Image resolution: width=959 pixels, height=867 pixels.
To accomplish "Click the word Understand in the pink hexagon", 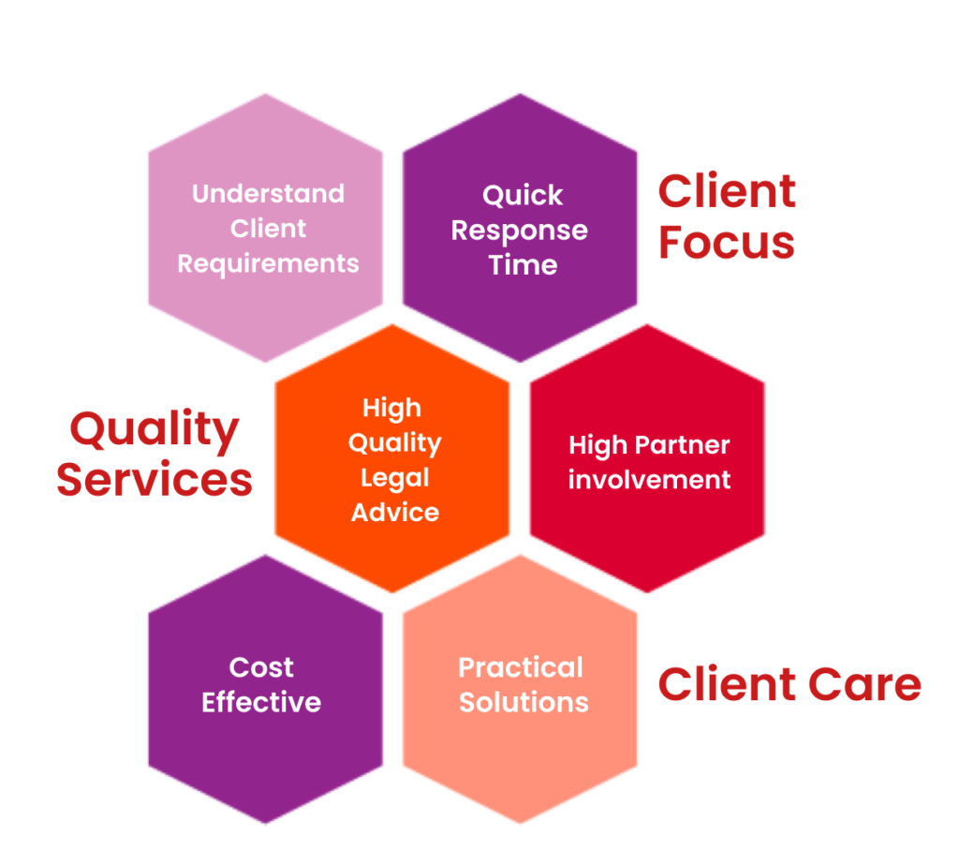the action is pyautogui.click(x=269, y=193).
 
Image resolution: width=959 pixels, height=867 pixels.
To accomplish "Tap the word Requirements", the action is pyautogui.click(x=268, y=264).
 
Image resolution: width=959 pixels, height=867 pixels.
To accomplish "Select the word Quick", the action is pyautogui.click(x=523, y=195).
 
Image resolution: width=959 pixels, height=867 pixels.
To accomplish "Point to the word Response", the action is pyautogui.click(x=519, y=231).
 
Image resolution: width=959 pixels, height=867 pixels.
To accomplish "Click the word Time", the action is pyautogui.click(x=523, y=265).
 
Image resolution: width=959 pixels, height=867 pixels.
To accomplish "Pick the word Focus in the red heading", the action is pyautogui.click(x=727, y=243).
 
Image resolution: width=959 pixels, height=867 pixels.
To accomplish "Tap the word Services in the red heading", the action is pyautogui.click(x=155, y=479).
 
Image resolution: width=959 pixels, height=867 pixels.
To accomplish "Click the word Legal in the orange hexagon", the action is pyautogui.click(x=395, y=478).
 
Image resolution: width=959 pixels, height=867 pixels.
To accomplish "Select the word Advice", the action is pyautogui.click(x=395, y=513).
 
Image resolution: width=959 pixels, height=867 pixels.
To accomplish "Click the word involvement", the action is pyautogui.click(x=650, y=479).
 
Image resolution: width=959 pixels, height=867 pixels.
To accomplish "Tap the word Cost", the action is pyautogui.click(x=261, y=667).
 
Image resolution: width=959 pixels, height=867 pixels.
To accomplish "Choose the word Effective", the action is pyautogui.click(x=261, y=702).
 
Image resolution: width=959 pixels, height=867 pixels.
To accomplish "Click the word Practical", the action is pyautogui.click(x=521, y=667).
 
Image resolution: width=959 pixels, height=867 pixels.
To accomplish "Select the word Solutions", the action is pyautogui.click(x=524, y=702).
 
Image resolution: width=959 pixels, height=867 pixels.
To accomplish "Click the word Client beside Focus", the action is pyautogui.click(x=727, y=191).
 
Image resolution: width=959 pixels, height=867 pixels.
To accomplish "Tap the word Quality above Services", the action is pyautogui.click(x=155, y=430).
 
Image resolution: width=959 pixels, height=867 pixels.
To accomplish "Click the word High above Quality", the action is pyautogui.click(x=391, y=409).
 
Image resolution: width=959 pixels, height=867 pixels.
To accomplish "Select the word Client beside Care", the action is pyautogui.click(x=726, y=684).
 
